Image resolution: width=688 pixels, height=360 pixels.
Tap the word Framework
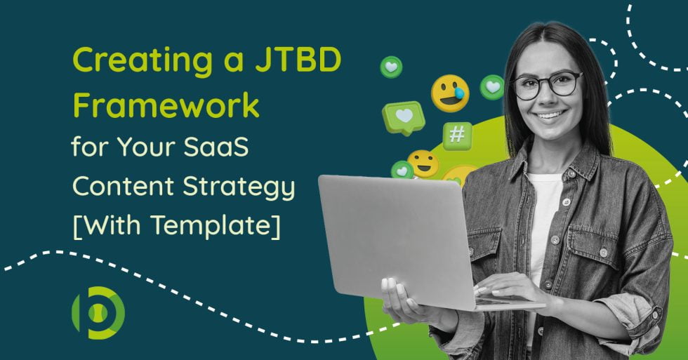(166, 107)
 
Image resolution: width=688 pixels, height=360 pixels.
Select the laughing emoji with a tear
(449, 93)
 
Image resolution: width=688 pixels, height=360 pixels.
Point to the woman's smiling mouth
(552, 114)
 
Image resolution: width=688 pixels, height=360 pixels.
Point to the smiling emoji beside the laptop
(423, 164)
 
